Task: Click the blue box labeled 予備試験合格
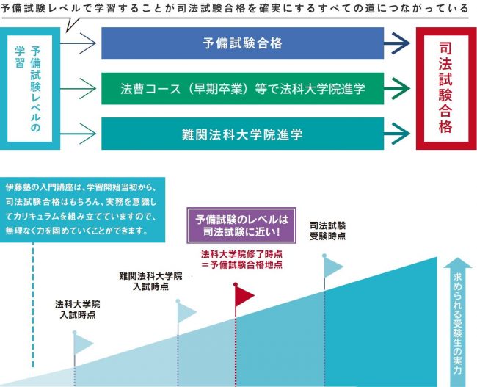coord(242,43)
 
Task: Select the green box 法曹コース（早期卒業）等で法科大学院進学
coord(242,89)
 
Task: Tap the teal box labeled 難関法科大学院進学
coord(242,134)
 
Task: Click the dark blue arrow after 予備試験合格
coord(397,43)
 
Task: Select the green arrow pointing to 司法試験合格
coord(397,89)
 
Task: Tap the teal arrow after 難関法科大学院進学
coord(397,134)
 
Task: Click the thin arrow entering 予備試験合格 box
coord(79,43)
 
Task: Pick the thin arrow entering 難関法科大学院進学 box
coord(79,134)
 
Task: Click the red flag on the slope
coord(244,294)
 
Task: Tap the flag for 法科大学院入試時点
coord(82,343)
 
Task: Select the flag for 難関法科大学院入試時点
coord(186,312)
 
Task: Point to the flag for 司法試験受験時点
coord(333,267)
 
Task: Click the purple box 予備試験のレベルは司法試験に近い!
coord(241,225)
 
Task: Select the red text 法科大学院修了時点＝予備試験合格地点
coord(241,259)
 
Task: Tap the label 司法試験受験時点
coord(327,231)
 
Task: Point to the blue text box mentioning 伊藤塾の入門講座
coord(82,209)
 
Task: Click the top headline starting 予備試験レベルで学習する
coord(234,8)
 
